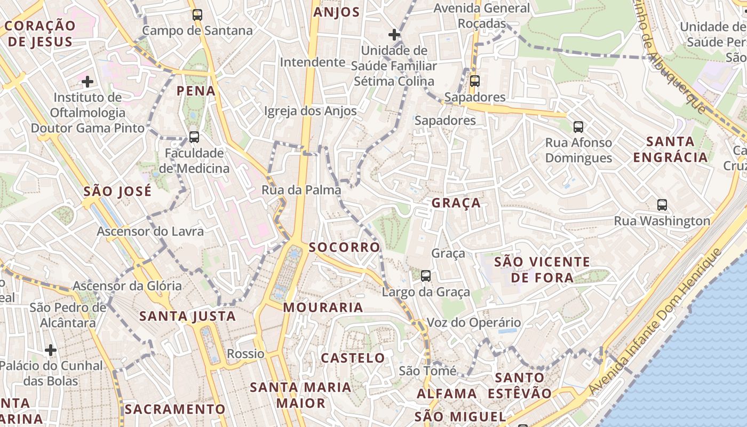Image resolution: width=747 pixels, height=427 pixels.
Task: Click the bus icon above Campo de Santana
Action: click(x=197, y=15)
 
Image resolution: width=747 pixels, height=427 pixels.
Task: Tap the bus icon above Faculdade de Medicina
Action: click(x=194, y=137)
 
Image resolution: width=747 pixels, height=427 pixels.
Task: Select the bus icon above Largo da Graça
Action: click(x=425, y=276)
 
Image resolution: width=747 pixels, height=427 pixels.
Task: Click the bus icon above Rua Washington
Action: click(x=662, y=205)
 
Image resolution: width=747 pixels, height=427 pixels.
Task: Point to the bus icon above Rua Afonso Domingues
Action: click(x=578, y=127)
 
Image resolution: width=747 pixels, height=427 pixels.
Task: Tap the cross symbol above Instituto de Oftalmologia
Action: click(x=88, y=82)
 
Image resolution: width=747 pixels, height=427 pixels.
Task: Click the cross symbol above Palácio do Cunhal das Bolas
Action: click(x=51, y=350)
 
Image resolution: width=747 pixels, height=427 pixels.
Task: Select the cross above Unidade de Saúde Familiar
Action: click(x=394, y=35)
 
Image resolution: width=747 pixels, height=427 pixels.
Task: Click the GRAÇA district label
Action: click(x=456, y=203)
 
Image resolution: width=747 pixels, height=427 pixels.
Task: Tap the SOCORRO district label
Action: click(x=344, y=247)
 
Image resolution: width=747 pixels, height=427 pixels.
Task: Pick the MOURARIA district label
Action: click(x=323, y=307)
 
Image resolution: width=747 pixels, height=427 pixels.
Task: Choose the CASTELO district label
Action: click(x=353, y=358)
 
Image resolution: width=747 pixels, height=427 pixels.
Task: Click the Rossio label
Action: click(x=245, y=353)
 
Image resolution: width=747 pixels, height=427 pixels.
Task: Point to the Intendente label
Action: click(x=313, y=62)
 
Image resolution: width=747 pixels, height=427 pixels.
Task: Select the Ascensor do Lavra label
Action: click(x=150, y=231)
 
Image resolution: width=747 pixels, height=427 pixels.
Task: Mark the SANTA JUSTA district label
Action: click(x=187, y=316)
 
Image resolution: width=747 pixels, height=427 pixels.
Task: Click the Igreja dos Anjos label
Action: click(x=311, y=111)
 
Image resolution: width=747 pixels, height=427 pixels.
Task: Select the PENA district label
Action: click(x=196, y=91)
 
